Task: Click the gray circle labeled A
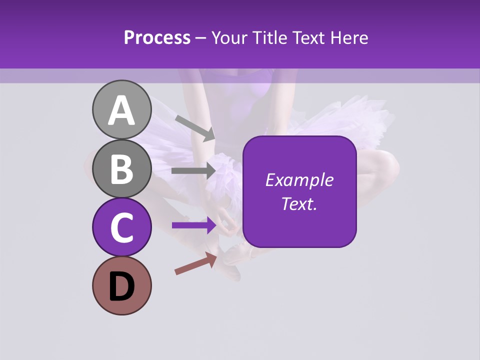(121, 109)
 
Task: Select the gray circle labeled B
(121, 168)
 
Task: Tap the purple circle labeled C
(121, 227)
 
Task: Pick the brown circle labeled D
(121, 285)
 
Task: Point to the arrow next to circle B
(193, 171)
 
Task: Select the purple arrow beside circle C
(194, 225)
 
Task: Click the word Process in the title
(157, 38)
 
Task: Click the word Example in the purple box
(299, 180)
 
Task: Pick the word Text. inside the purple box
(299, 204)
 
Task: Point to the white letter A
(121, 110)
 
